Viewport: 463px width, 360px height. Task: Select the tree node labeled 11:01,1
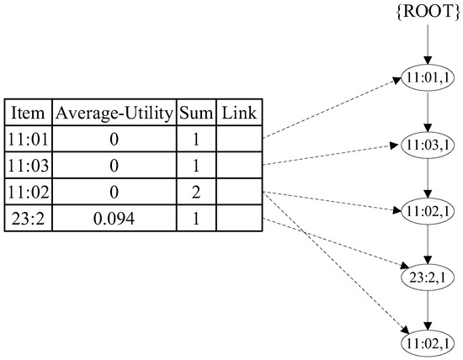[x=428, y=76]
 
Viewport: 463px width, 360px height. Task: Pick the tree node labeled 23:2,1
[x=428, y=277]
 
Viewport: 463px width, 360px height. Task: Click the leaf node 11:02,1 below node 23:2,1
[x=428, y=344]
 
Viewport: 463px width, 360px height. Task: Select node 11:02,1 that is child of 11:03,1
[x=428, y=209]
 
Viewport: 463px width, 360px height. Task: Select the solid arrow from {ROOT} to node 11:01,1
[x=428, y=42]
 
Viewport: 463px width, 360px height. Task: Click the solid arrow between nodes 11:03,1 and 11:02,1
[x=428, y=176]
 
